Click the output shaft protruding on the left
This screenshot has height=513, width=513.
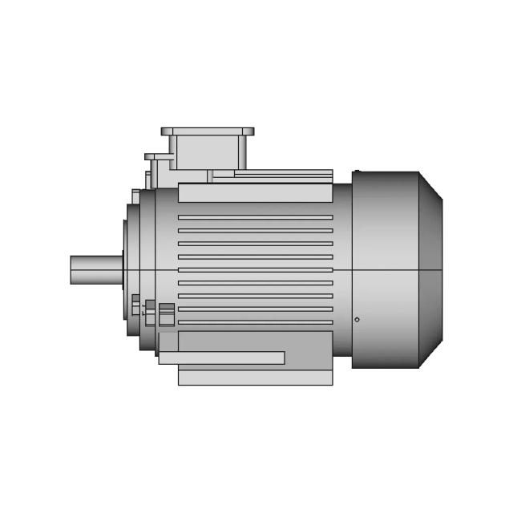(x=95, y=269)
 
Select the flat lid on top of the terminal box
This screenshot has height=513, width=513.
(x=208, y=131)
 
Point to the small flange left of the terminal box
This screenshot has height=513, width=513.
(x=158, y=156)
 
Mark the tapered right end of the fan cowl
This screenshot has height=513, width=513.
(x=430, y=269)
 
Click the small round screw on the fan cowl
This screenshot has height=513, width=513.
(x=357, y=320)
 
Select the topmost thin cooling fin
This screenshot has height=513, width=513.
(x=255, y=217)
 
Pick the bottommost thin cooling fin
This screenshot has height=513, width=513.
(x=255, y=322)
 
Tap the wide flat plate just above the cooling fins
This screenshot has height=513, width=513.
(x=255, y=192)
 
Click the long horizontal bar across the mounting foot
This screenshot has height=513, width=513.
(x=221, y=357)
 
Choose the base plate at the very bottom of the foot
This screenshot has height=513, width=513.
(x=255, y=378)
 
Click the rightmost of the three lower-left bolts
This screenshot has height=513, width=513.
(x=167, y=313)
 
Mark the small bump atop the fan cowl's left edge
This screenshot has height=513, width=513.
(x=357, y=172)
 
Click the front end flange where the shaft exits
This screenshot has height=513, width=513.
(x=127, y=269)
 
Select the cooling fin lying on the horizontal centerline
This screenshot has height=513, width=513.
(x=255, y=270)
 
